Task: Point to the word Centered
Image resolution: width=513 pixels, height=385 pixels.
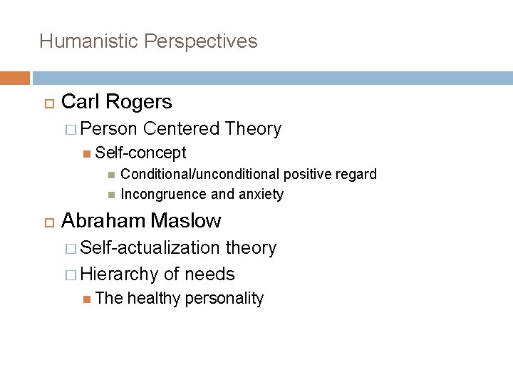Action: (x=181, y=129)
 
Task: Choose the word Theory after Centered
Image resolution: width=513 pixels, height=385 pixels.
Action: (x=253, y=129)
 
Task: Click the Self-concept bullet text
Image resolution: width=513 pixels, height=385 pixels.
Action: (x=140, y=153)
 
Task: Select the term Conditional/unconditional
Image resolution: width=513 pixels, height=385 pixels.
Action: (x=200, y=175)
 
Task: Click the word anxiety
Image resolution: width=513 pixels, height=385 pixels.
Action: (x=260, y=194)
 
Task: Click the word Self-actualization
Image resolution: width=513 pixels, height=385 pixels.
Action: (x=150, y=248)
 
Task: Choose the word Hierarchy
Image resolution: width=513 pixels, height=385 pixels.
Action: (x=120, y=274)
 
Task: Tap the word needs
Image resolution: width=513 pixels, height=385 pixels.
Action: (x=211, y=274)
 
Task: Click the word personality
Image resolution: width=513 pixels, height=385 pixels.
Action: (x=224, y=299)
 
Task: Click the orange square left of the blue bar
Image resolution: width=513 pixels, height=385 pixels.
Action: (x=15, y=78)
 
